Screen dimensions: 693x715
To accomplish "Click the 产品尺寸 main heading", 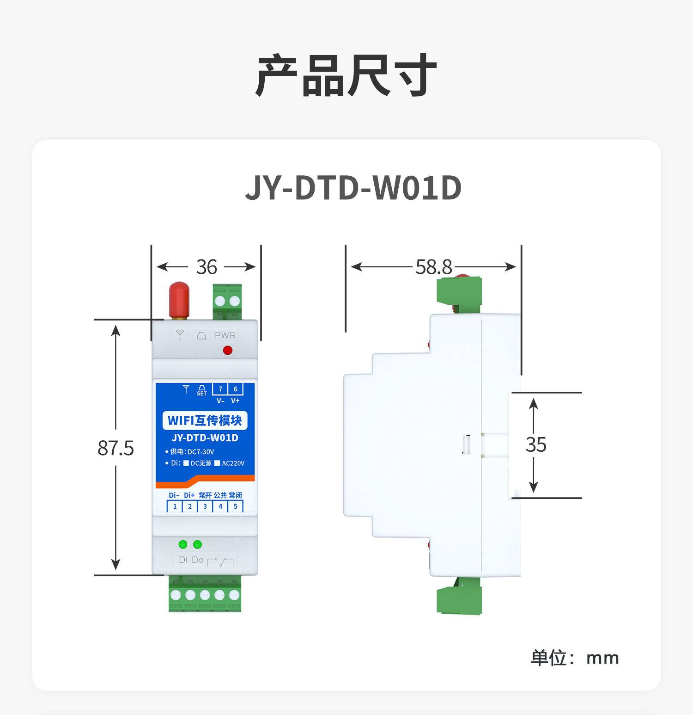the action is tap(346, 75).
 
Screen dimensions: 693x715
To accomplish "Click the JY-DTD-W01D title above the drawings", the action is tap(353, 188).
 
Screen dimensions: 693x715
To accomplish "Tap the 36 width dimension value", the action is tap(207, 267).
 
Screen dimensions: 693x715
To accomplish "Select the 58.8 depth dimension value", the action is tap(433, 267).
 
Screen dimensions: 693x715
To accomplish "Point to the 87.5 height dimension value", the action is tap(115, 448).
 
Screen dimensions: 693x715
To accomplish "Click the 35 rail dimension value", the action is tap(536, 445).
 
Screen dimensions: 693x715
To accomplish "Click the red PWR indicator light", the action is tap(227, 350).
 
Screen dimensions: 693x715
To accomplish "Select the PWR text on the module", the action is tap(225, 335).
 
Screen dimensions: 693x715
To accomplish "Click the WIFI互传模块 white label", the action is tap(205, 420).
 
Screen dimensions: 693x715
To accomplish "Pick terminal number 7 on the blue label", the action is tap(220, 389).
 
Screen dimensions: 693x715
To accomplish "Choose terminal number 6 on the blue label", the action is tap(235, 389).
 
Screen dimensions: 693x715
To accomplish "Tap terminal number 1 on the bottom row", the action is tap(175, 506).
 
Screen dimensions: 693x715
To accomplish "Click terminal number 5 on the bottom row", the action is tap(235, 506).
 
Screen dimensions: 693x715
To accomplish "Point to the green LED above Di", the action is tap(183, 544).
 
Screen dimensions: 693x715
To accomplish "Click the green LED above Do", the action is tap(197, 544).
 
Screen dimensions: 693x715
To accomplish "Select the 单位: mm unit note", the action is tap(575, 658).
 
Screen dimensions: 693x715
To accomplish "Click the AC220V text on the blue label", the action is tap(233, 463).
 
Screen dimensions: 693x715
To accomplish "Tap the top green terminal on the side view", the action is tap(459, 291).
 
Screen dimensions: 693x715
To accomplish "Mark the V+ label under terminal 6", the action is tap(235, 401).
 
